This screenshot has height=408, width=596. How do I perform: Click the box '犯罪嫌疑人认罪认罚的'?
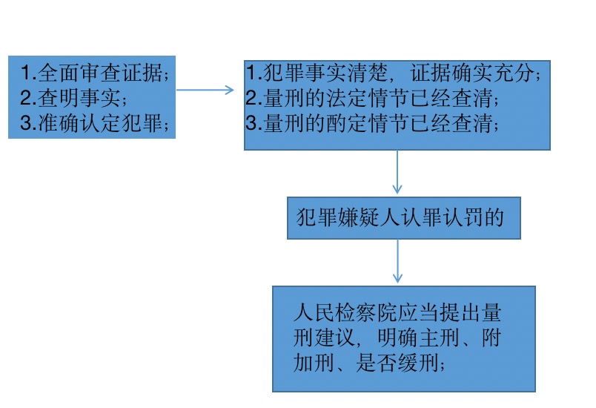(x=403, y=217)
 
